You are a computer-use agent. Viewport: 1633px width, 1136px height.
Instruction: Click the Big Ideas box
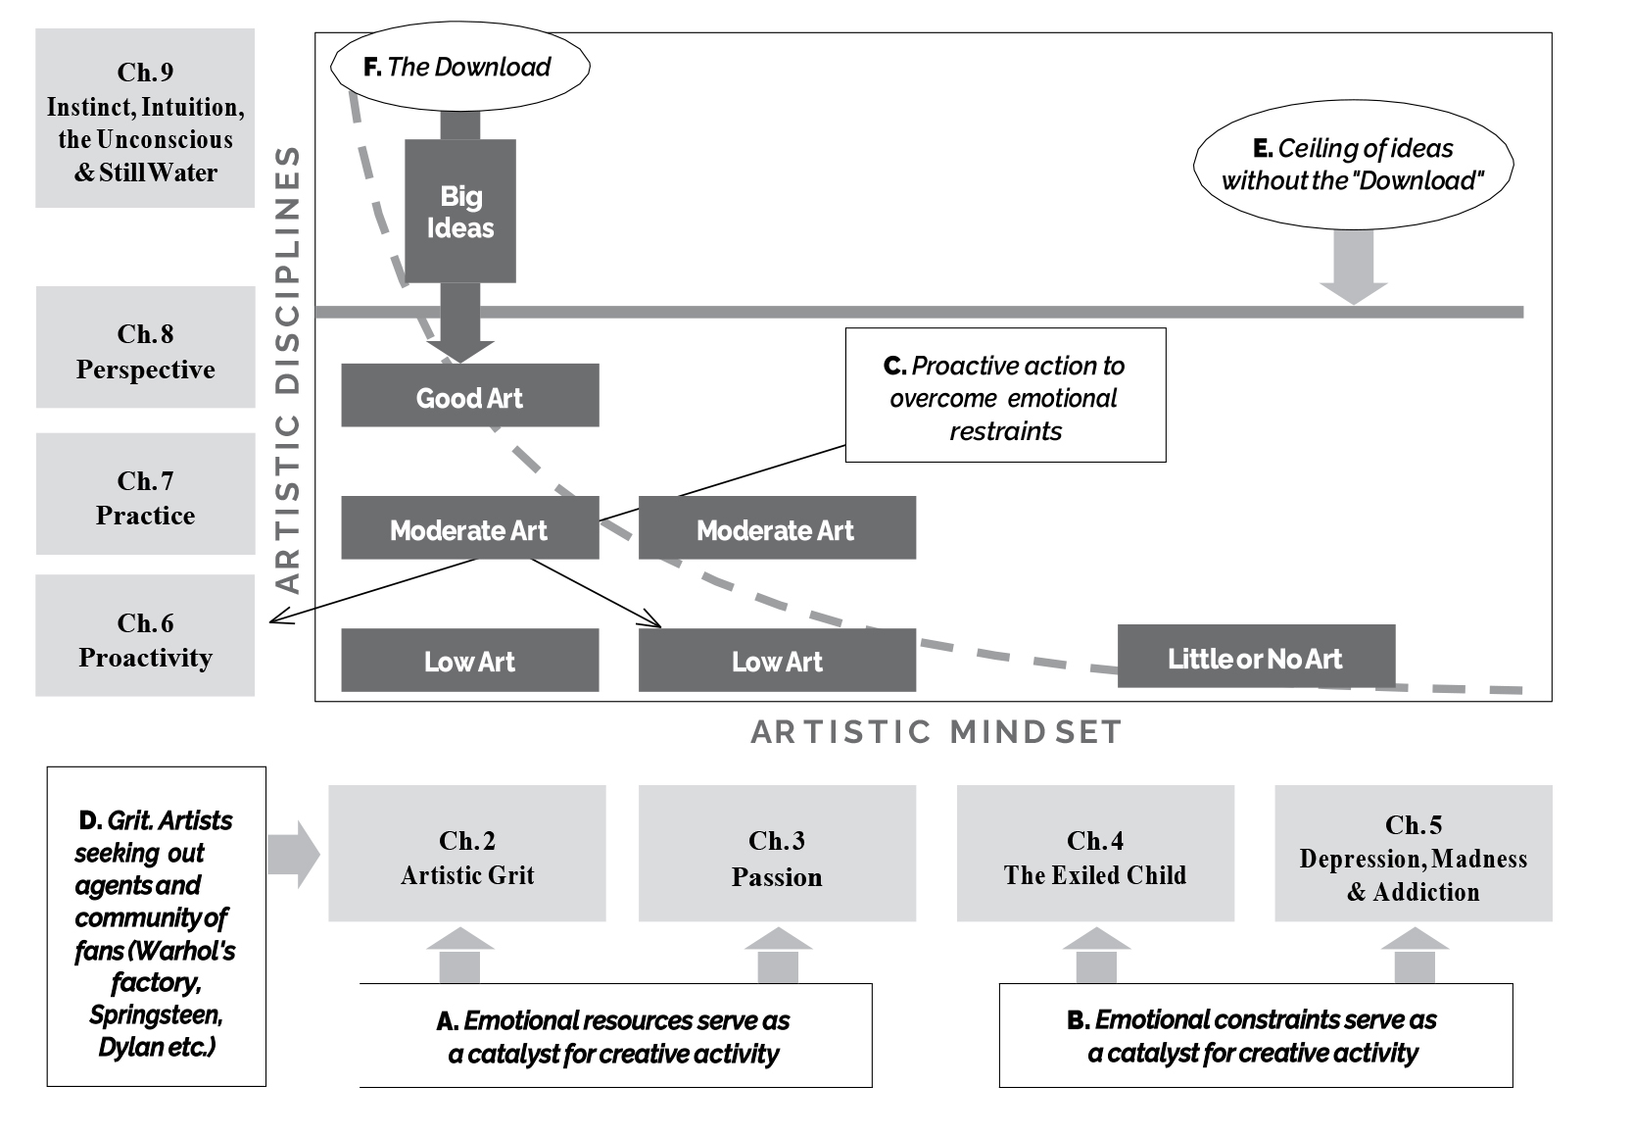[459, 212]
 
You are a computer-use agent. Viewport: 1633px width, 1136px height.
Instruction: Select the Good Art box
[469, 396]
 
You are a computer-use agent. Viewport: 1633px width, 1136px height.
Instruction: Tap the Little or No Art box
[1255, 657]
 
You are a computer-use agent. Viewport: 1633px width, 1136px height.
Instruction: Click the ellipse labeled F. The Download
[459, 67]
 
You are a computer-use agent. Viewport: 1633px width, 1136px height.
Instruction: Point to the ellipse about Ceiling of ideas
[1352, 165]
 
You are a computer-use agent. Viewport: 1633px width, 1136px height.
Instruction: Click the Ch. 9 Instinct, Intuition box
[145, 119]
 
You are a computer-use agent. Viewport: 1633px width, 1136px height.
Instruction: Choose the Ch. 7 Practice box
[145, 494]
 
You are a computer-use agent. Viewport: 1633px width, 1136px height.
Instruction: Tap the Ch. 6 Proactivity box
[145, 636]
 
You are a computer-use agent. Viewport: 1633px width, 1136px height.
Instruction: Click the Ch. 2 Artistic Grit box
[466, 854]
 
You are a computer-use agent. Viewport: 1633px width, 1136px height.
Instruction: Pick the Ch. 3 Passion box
[777, 854]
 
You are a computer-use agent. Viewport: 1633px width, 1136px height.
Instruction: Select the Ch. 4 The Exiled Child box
[1094, 854]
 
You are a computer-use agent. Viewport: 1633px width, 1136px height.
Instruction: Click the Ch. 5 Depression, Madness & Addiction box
[1413, 854]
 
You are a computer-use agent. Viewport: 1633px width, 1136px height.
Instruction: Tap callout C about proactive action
[1005, 395]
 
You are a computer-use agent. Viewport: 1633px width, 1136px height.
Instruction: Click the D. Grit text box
[156, 927]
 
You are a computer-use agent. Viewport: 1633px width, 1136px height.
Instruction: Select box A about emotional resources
[614, 1036]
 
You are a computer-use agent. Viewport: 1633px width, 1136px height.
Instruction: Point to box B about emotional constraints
[1255, 1036]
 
